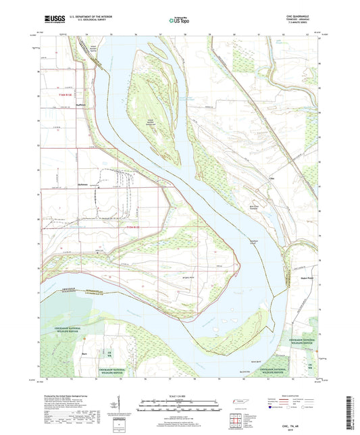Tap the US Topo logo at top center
coord(179,21)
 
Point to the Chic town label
coord(272,179)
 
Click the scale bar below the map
coord(179,402)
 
